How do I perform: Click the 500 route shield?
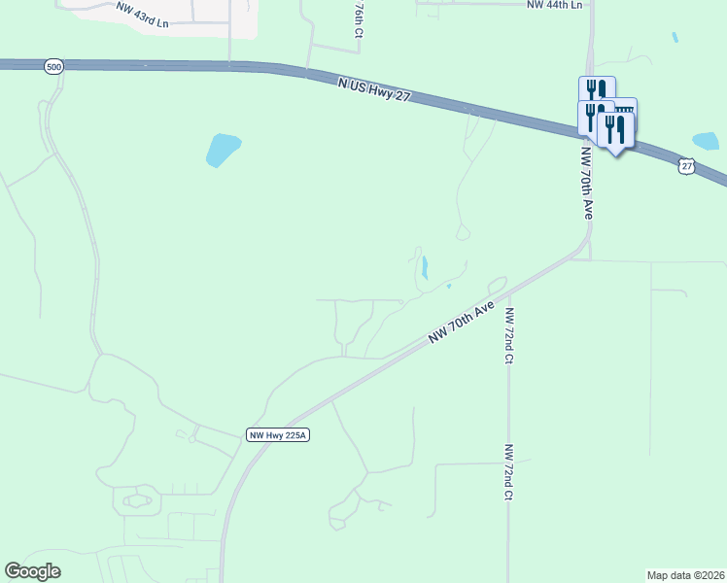click(54, 66)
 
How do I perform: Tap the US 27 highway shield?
click(687, 166)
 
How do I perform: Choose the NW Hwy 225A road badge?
click(277, 435)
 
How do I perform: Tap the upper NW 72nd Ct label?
click(508, 335)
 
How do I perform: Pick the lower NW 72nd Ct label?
click(508, 472)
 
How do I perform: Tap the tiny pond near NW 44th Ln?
click(675, 38)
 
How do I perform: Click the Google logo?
click(32, 571)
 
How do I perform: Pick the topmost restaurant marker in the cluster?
click(597, 89)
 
